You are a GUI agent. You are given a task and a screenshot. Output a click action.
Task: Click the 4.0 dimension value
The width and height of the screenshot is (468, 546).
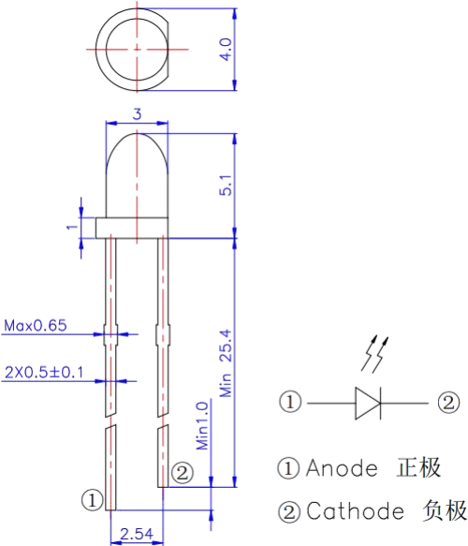[x=226, y=50]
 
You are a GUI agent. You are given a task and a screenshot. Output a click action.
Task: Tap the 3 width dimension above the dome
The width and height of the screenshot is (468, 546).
[x=137, y=114]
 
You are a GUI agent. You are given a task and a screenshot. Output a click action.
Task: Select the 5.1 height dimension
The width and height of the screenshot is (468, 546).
[x=226, y=184]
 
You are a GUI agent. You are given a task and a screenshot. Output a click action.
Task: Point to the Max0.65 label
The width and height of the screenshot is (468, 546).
[x=36, y=326]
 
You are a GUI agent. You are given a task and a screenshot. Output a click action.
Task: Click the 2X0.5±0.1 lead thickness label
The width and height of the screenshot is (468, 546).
[x=44, y=373]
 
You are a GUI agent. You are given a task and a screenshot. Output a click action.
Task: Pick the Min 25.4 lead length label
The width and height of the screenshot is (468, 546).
[x=226, y=363]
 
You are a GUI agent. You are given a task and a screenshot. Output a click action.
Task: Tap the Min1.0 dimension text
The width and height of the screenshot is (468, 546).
[x=202, y=426]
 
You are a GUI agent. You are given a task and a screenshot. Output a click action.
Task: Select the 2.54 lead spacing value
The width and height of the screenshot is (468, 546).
[x=137, y=534]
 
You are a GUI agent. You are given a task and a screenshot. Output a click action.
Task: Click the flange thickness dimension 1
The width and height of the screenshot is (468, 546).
[x=72, y=227]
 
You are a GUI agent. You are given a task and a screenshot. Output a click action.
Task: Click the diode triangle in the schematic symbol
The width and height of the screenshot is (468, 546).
[x=368, y=404]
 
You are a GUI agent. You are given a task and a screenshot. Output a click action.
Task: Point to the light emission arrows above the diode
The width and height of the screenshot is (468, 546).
[x=374, y=354]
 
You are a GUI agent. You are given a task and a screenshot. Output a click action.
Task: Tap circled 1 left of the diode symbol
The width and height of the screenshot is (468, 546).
[x=290, y=402]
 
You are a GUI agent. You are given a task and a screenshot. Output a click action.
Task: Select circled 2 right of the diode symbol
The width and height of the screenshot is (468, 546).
[x=448, y=403]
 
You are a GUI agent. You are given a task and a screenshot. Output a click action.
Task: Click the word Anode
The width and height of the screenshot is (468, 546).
[x=342, y=468]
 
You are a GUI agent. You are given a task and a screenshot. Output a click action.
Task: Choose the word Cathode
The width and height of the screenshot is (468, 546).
[x=355, y=511]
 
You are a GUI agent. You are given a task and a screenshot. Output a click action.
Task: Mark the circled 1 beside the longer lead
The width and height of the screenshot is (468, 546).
[x=93, y=500]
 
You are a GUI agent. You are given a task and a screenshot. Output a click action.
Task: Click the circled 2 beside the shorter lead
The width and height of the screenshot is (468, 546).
[x=182, y=473]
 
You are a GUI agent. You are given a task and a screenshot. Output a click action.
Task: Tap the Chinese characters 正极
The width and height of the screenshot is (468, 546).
[x=418, y=467]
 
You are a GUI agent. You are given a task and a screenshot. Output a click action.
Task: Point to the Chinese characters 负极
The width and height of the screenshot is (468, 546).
[x=445, y=510]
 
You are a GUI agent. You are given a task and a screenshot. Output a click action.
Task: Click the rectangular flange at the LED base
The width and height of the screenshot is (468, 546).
[x=132, y=229]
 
